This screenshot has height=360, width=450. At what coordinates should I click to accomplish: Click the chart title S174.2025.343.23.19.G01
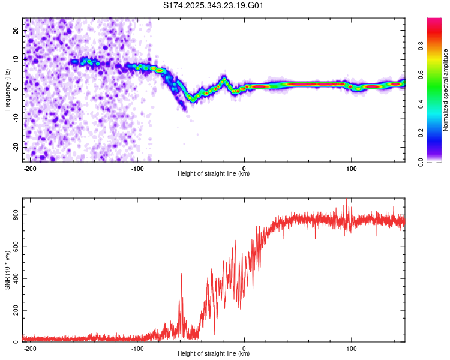click(214, 6)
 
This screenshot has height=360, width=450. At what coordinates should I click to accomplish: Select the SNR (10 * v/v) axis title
click(7, 270)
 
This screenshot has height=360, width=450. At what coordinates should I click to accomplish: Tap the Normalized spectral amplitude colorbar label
click(445, 90)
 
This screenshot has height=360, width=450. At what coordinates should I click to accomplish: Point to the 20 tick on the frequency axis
click(16, 30)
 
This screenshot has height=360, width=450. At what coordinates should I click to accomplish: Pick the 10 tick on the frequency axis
click(16, 59)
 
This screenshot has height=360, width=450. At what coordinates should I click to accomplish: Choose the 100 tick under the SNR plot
click(352, 348)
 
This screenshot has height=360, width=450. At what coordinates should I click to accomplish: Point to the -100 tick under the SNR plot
click(137, 348)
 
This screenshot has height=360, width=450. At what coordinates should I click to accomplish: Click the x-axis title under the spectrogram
click(214, 174)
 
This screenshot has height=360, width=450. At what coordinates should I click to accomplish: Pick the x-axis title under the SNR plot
click(214, 354)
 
